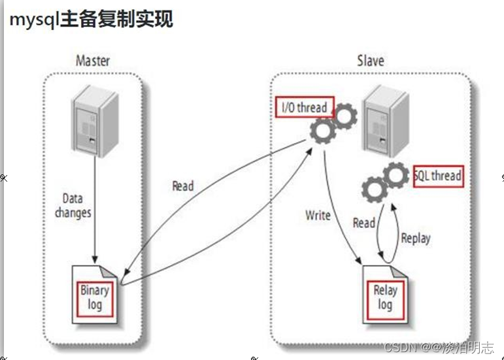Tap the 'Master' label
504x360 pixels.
pos(93,61)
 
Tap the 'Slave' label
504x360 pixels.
pos(370,61)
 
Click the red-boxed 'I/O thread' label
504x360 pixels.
pos(304,107)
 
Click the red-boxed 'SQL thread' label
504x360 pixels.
pos(438,176)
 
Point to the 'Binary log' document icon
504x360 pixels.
pos(95,295)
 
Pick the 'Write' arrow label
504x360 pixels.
pos(318,214)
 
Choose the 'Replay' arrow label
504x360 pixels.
pos(416,237)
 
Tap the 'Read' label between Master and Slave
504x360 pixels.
pos(183,186)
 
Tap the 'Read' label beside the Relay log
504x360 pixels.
pos(364,223)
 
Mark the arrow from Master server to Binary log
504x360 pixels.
pos(96,209)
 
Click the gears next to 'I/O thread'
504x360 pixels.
pos(333,124)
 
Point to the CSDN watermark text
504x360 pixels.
pos(439,347)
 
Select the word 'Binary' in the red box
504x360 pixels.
pos(94,290)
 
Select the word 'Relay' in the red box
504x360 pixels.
pos(385,291)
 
